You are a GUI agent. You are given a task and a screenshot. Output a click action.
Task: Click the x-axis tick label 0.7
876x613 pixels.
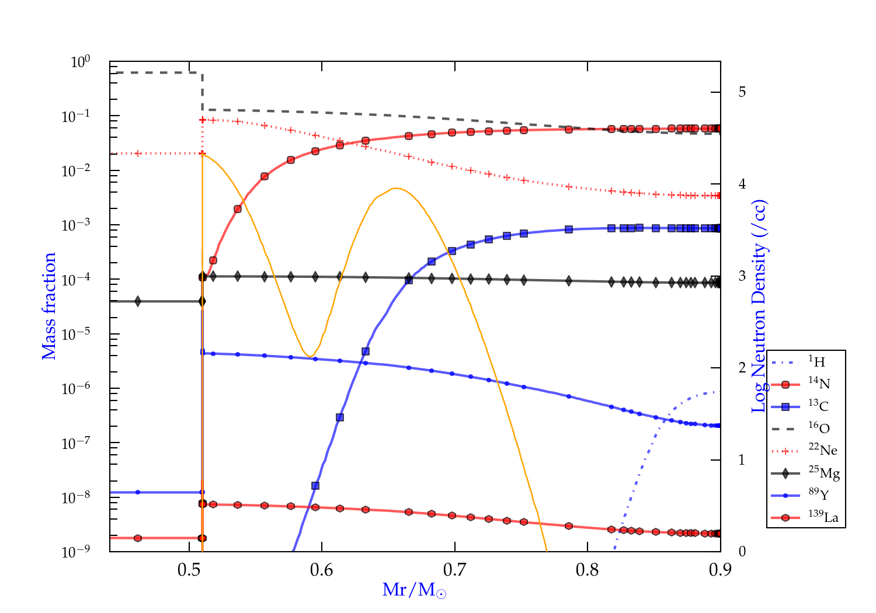pos(454,569)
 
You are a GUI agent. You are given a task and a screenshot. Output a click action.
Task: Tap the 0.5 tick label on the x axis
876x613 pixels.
pos(189,569)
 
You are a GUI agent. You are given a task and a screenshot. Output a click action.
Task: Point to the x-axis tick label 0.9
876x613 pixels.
pos(720,569)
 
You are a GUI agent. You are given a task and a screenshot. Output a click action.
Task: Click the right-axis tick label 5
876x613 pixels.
pos(742,92)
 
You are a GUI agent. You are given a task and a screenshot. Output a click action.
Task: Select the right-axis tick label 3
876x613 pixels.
pos(742,276)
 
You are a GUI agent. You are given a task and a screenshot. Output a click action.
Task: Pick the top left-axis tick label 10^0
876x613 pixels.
pos(80,62)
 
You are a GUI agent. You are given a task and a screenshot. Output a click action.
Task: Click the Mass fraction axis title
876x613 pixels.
pos(49,306)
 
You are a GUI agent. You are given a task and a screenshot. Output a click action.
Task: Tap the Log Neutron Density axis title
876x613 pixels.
pos(759,306)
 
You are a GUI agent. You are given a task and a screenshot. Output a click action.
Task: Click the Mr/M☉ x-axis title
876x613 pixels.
pos(415,590)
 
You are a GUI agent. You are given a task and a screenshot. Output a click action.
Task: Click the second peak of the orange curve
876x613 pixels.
pos(395,188)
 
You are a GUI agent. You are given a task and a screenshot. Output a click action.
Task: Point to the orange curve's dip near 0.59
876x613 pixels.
pos(310,356)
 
